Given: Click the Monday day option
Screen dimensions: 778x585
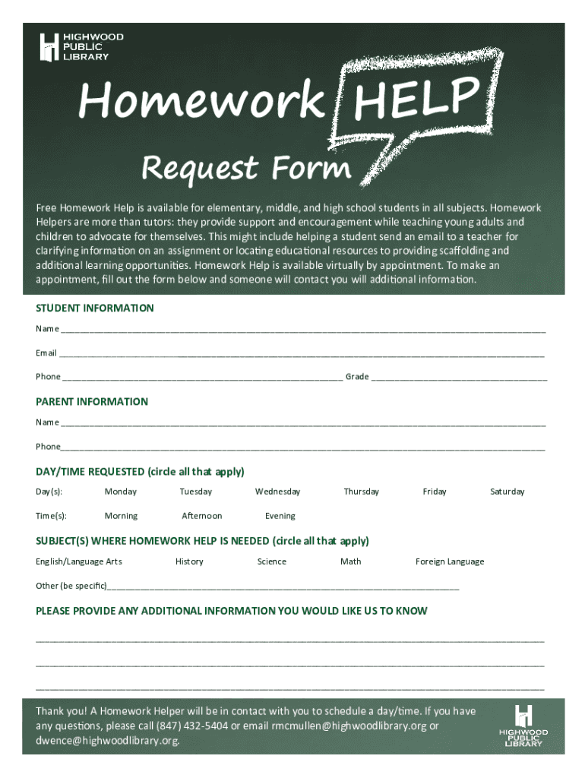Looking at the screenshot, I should (121, 492).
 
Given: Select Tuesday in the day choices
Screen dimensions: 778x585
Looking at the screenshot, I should (196, 492).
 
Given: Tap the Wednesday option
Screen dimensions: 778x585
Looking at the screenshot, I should (277, 492).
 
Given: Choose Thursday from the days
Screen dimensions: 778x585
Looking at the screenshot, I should (361, 492).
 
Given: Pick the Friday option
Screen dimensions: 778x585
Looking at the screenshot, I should (435, 492).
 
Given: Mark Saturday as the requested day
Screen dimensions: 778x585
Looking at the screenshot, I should (507, 492).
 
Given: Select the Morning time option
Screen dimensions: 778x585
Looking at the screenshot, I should (121, 516).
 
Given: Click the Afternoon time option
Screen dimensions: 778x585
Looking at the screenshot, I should (202, 516).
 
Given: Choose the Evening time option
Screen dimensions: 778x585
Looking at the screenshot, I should (280, 516).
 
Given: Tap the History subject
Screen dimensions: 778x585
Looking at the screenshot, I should (189, 561).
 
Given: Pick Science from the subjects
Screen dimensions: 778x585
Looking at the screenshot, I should (271, 561).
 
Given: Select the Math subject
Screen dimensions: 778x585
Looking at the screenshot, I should (351, 561).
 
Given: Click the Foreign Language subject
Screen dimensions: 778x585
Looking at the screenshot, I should (450, 561).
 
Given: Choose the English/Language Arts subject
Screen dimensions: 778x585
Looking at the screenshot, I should (79, 561).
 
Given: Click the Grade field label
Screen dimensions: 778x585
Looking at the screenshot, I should (357, 377).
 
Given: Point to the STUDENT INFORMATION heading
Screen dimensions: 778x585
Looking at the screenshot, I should (95, 308).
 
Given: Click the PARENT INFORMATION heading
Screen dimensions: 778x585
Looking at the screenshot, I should (92, 401).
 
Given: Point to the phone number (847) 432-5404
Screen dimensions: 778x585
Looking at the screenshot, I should (192, 726).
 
